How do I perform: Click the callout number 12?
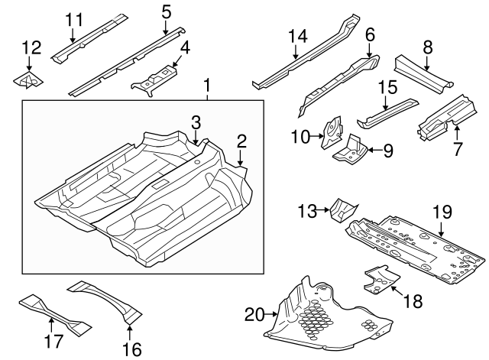(31, 49)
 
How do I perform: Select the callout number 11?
(73, 19)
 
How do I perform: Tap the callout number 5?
(166, 11)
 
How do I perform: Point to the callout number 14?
(297, 35)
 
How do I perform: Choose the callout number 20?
(254, 314)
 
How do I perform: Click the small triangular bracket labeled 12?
(28, 79)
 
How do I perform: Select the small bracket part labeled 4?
(157, 78)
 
